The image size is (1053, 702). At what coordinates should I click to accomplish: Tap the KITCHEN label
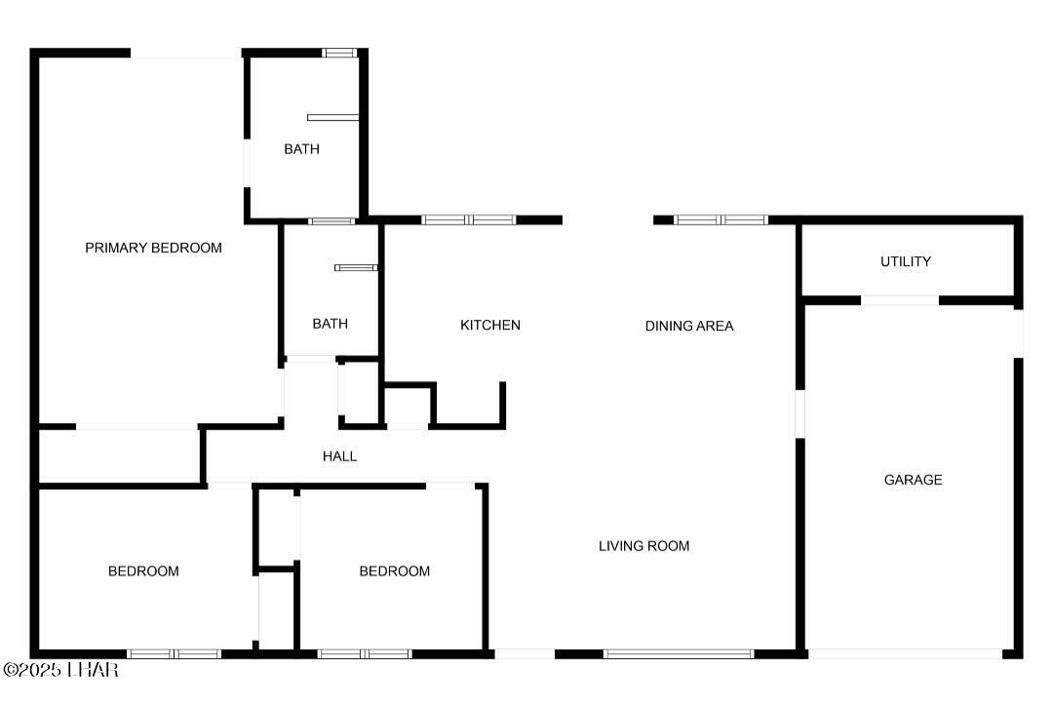pyautogui.click(x=489, y=325)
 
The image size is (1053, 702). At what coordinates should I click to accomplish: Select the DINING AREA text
pyautogui.click(x=688, y=326)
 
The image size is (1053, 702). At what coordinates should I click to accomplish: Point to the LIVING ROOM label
pyautogui.click(x=643, y=546)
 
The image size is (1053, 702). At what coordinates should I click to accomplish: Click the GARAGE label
pyautogui.click(x=913, y=480)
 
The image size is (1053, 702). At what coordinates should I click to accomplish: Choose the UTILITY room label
pyautogui.click(x=905, y=261)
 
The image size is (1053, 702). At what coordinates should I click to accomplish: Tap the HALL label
pyautogui.click(x=339, y=456)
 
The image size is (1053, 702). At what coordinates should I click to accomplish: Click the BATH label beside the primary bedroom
pyautogui.click(x=301, y=149)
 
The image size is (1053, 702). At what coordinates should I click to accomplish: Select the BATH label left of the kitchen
pyautogui.click(x=330, y=324)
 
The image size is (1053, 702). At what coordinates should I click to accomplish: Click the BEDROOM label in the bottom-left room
pyautogui.click(x=143, y=571)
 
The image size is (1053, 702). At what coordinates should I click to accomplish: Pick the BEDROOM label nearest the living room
pyautogui.click(x=394, y=571)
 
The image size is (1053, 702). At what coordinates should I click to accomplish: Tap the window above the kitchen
pyautogui.click(x=468, y=220)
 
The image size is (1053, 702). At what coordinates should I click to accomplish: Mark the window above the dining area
pyautogui.click(x=721, y=220)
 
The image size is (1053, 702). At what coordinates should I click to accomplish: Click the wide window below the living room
pyautogui.click(x=678, y=653)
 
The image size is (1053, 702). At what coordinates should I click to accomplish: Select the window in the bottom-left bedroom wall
pyautogui.click(x=174, y=653)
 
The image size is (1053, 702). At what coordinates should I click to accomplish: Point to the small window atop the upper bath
pyautogui.click(x=338, y=53)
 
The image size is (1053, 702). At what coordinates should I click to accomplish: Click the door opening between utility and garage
pyautogui.click(x=899, y=300)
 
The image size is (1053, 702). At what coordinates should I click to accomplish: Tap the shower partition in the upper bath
pyautogui.click(x=332, y=118)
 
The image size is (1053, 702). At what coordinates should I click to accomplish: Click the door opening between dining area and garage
pyautogui.click(x=799, y=413)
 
